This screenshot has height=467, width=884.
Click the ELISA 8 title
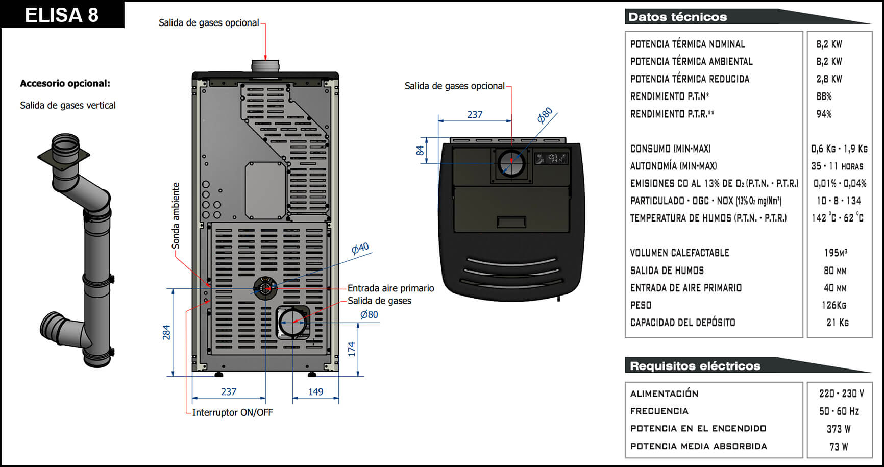62,15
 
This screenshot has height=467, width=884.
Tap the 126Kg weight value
834,305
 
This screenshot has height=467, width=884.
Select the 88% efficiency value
824,96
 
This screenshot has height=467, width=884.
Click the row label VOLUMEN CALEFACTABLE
679,253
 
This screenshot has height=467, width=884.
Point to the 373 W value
838,429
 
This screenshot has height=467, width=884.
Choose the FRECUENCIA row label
659,411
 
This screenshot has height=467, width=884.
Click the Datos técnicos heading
677,17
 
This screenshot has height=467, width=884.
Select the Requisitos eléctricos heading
695,366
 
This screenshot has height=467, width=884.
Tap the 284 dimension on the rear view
166,332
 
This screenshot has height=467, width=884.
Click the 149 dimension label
315,391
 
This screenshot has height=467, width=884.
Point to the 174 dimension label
352,349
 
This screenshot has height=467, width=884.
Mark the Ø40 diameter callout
360,248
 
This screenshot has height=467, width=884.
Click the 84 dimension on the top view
420,150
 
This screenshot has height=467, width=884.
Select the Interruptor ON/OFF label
232,412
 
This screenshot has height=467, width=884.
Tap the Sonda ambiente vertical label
176,215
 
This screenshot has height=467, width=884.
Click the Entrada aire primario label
390,288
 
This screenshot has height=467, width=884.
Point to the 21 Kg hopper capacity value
838,323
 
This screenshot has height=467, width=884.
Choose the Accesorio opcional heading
65,83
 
